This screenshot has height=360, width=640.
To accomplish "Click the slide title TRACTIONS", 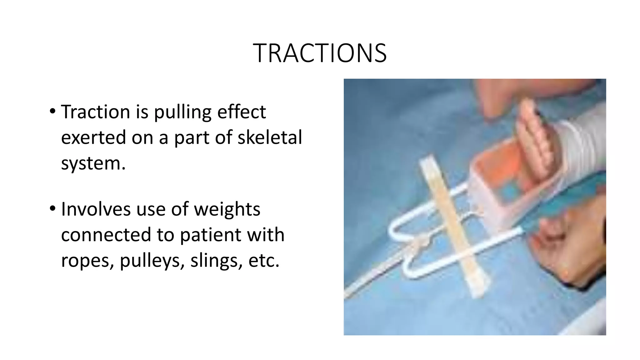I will (320, 53).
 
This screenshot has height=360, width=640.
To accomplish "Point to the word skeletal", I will (270, 137).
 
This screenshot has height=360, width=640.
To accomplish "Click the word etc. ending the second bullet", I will (263, 260).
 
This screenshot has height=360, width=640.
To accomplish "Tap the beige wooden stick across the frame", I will (452, 225).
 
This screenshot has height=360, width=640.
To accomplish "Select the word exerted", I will (93, 137).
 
